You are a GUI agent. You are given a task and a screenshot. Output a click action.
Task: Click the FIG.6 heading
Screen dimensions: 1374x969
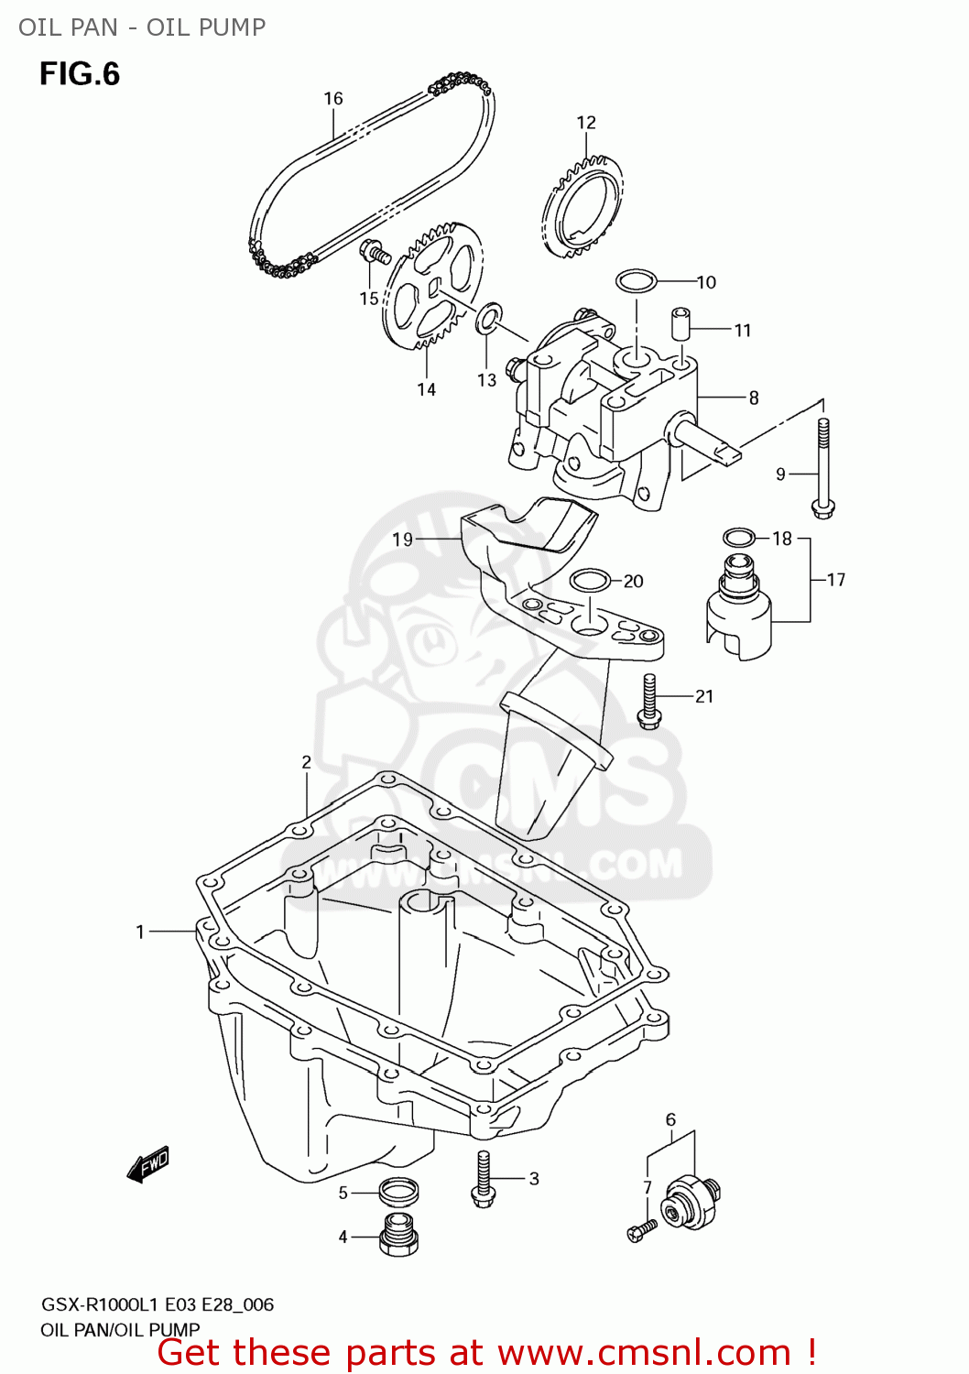80,74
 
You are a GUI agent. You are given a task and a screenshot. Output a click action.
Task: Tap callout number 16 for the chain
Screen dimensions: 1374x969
332,99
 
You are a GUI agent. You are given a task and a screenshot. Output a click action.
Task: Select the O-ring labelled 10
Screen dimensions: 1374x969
637,280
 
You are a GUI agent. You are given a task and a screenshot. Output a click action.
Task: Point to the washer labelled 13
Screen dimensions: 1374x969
488,317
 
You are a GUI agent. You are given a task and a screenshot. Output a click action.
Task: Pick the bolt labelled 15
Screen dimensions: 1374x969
376,250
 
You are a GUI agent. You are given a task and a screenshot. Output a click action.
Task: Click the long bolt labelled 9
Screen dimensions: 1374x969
823,467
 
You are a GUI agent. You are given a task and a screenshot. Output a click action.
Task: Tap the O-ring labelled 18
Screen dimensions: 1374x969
739,538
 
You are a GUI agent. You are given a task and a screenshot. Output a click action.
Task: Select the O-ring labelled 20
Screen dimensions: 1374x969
590,580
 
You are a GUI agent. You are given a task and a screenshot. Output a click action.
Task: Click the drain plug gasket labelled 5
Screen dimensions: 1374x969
399,1191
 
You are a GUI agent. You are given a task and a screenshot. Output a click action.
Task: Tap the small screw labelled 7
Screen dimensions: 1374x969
642,1229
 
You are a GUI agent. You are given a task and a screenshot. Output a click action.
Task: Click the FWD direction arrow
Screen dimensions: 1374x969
148,1165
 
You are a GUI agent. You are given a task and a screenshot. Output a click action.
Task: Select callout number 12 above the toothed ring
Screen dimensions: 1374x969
586,123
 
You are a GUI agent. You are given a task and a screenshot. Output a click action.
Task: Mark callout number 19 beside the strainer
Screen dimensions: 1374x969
403,540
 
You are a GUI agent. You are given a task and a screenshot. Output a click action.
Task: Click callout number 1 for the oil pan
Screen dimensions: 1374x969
140,932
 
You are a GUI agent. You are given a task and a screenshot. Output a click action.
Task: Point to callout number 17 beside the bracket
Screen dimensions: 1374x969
835,580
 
